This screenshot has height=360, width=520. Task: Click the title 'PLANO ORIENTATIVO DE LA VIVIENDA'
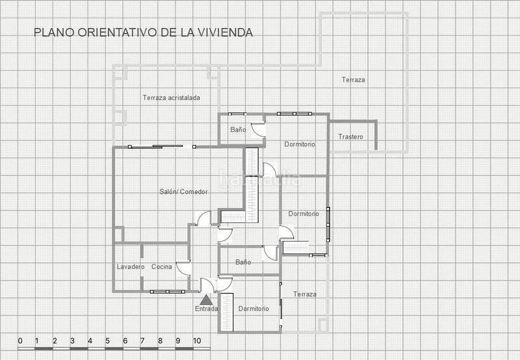(x=143, y=32)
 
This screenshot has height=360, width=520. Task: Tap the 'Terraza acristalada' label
(x=171, y=97)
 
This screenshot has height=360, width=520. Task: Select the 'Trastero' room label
(x=350, y=137)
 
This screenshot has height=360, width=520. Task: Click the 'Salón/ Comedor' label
(x=184, y=192)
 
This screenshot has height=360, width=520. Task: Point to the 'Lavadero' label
(x=131, y=267)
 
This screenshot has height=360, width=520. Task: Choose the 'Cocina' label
(x=162, y=267)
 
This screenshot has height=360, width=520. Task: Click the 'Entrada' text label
(x=207, y=309)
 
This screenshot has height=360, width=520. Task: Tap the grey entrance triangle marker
(x=206, y=300)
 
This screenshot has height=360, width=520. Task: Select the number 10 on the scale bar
(x=196, y=341)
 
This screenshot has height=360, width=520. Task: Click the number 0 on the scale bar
(x=20, y=341)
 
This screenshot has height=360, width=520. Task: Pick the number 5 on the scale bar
(x=108, y=341)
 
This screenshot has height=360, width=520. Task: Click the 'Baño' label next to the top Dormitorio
(x=238, y=130)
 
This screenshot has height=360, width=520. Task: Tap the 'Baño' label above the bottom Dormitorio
(x=243, y=263)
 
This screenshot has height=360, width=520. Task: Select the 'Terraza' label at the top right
(x=353, y=80)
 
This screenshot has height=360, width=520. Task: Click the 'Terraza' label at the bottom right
(x=305, y=294)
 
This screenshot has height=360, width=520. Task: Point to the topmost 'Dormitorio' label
(x=300, y=144)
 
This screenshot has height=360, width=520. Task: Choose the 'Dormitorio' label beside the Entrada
(x=253, y=309)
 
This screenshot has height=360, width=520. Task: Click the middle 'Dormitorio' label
(x=304, y=214)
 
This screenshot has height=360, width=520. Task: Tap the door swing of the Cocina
(x=183, y=268)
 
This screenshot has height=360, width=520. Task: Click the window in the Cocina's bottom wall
(x=167, y=292)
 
